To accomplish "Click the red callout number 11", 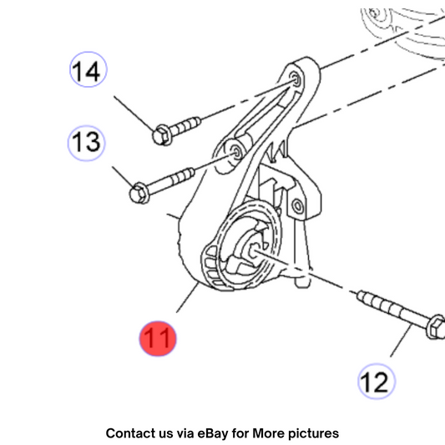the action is pos(158,339).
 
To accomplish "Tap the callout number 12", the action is pos(377,382).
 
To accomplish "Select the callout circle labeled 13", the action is pos(87,143).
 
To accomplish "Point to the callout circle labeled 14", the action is pos(88,69).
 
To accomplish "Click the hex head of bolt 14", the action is pos(161,135).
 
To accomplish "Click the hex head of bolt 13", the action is pos(139,193).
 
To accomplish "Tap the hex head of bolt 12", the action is pos(437,326).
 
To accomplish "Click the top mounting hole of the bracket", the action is pos(296,79).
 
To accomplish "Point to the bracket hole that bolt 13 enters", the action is pos(236,152).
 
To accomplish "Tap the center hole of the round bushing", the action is pos(254,250).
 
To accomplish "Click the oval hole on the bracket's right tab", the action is pos(298,205).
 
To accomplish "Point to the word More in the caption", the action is pos(269,433).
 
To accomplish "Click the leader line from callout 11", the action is pos(187,298).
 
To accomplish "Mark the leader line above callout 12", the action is pos(401,341).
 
